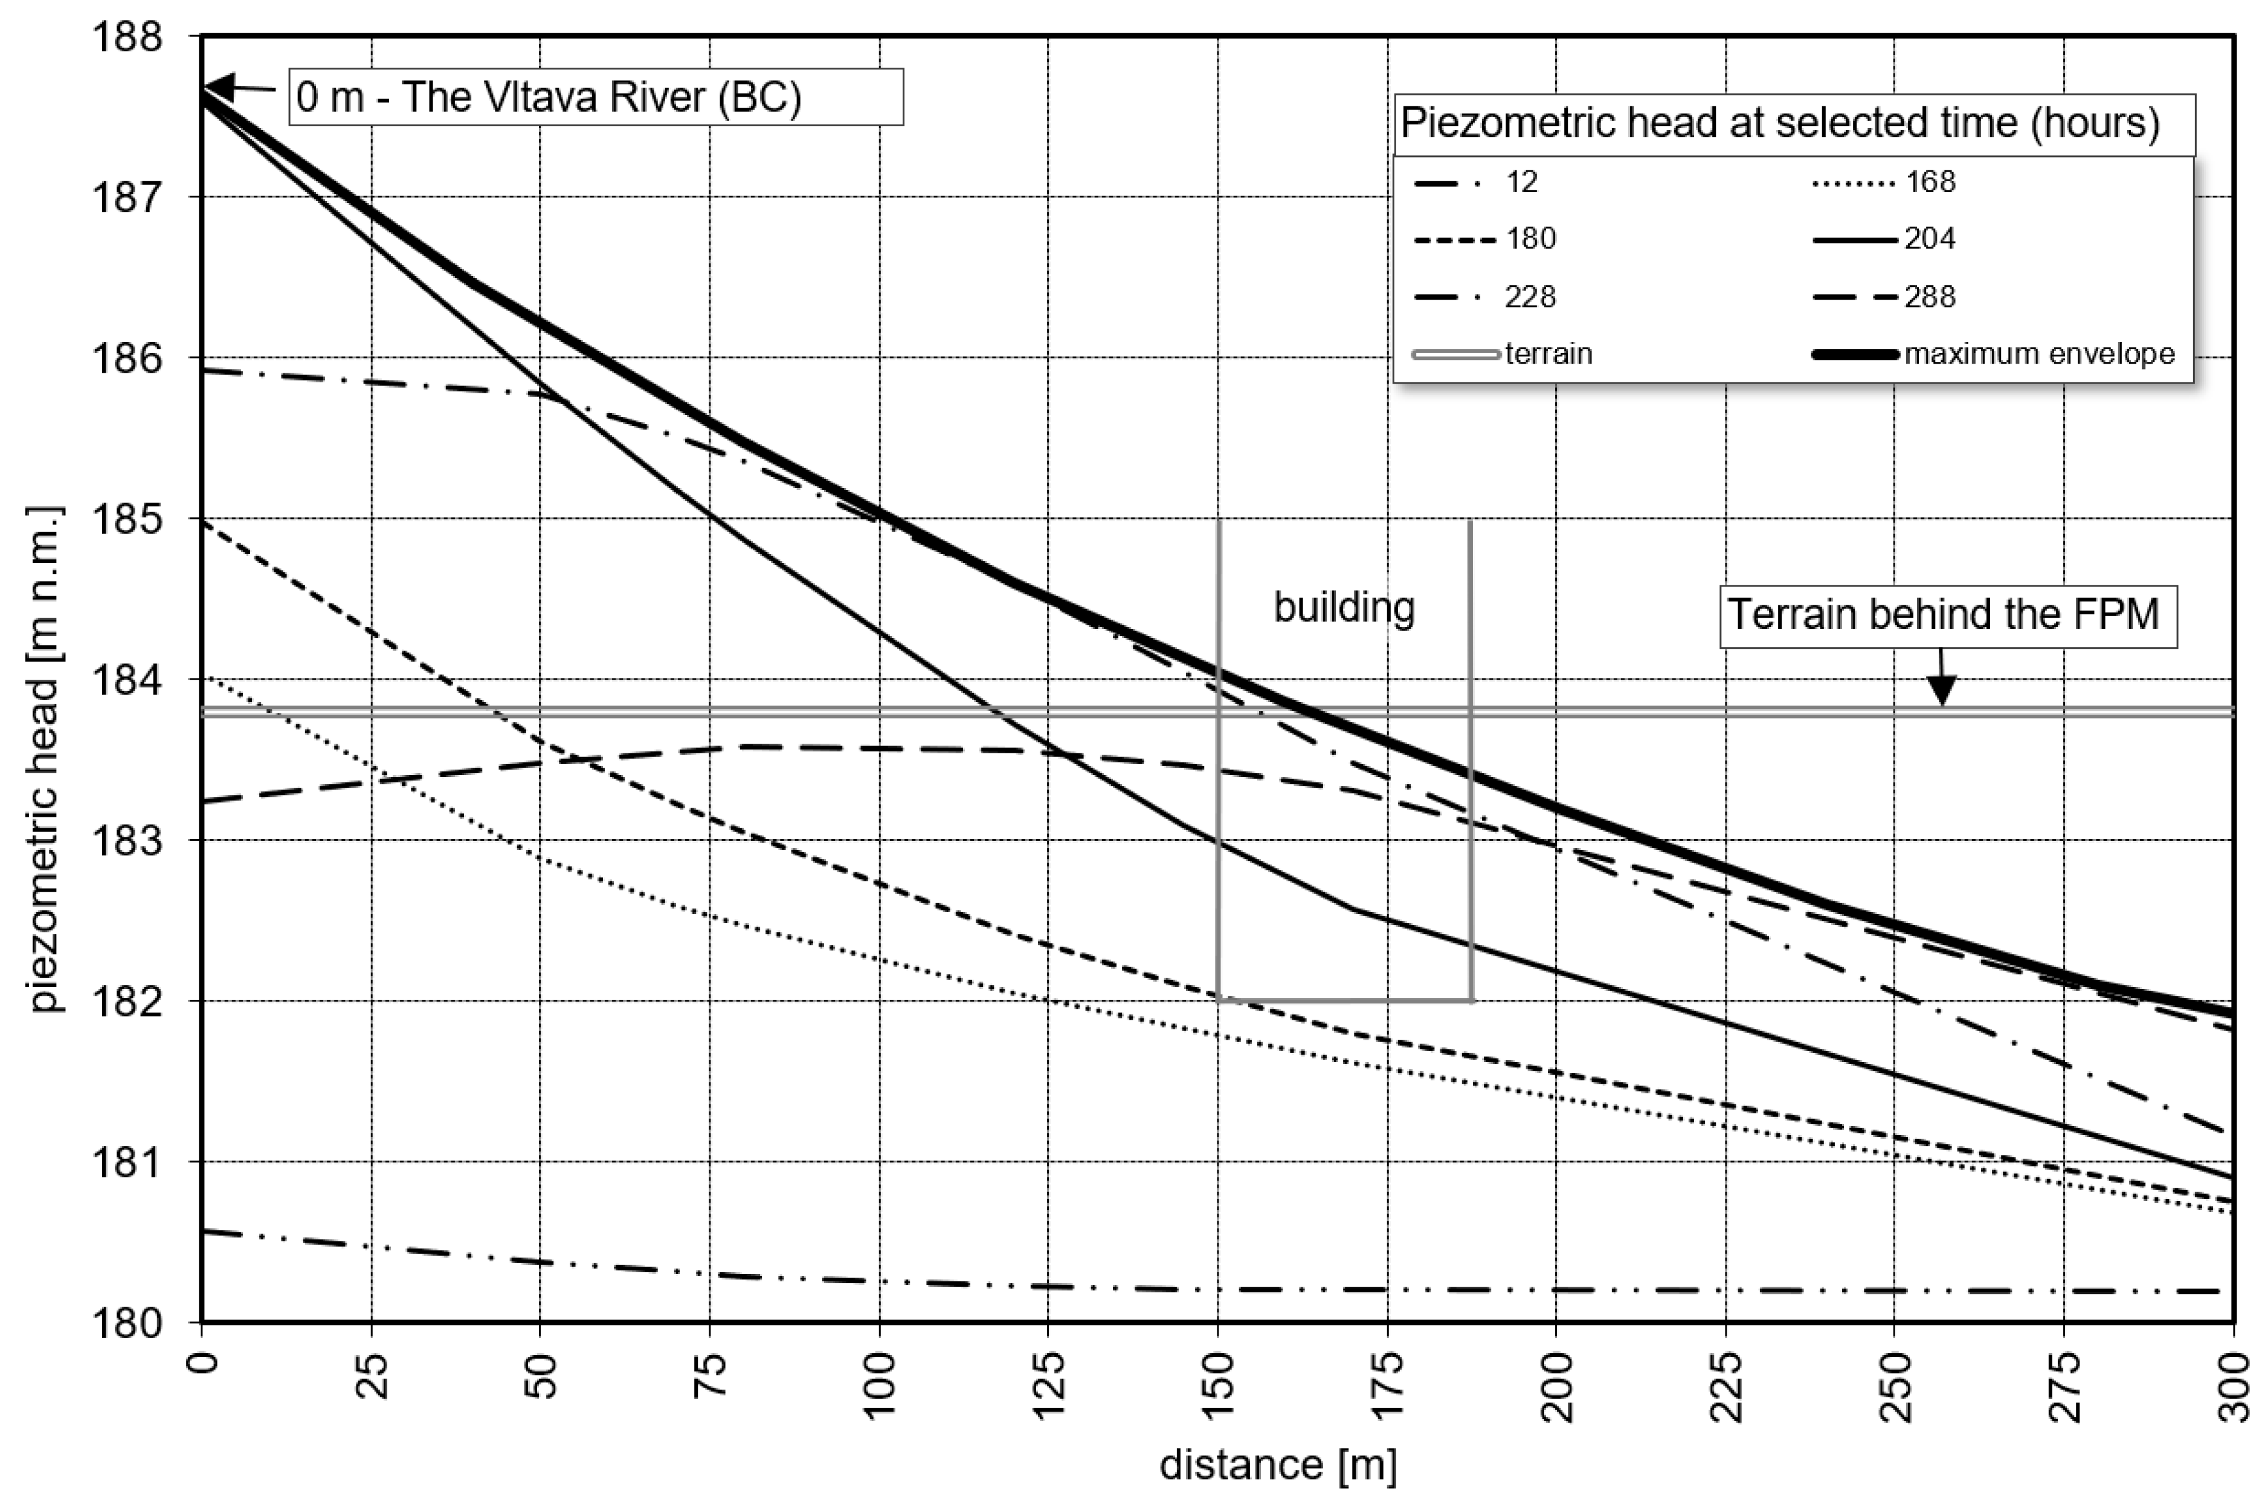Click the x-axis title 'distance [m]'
click(x=1278, y=1464)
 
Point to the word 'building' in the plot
click(x=1344, y=607)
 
